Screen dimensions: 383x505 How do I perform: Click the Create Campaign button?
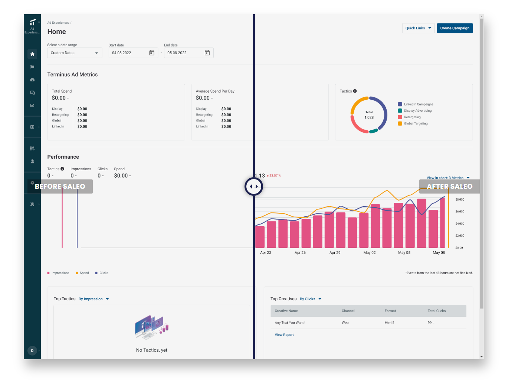click(455, 28)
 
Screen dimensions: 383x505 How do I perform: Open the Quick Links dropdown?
click(418, 28)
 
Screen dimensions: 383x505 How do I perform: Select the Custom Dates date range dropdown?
click(75, 53)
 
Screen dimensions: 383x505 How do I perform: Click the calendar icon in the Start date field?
click(152, 53)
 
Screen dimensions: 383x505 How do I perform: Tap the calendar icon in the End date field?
click(207, 53)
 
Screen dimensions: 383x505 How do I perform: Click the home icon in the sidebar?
click(32, 54)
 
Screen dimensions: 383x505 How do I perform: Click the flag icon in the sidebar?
click(32, 67)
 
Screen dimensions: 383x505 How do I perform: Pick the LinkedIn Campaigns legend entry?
click(418, 104)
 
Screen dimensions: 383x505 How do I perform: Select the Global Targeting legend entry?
click(416, 124)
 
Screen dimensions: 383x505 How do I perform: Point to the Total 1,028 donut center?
click(369, 115)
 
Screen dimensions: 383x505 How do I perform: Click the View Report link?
click(284, 335)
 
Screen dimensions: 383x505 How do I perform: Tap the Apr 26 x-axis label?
click(300, 253)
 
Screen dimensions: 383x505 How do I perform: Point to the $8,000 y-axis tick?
click(460, 199)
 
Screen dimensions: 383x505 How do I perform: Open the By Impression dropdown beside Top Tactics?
click(94, 299)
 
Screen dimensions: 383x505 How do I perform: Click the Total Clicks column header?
click(436, 311)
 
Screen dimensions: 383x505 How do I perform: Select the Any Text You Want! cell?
click(289, 323)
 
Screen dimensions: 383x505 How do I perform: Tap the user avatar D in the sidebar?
click(32, 351)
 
